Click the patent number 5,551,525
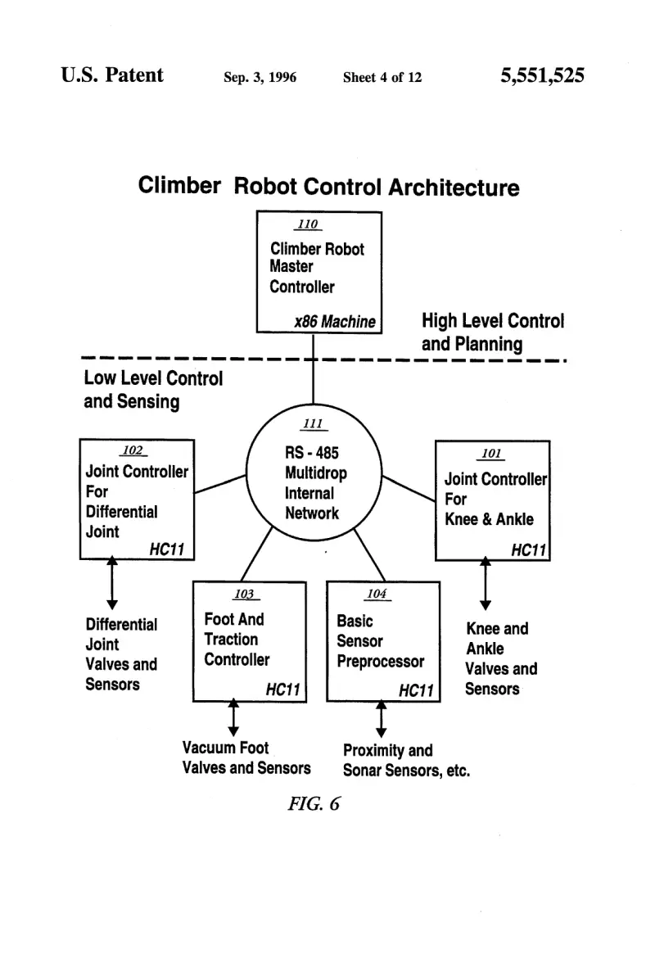(542, 75)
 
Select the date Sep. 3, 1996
(260, 77)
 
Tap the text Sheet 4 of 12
(382, 77)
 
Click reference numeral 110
(308, 224)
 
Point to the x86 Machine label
(335, 322)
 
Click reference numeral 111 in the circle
(313, 424)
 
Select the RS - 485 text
(311, 454)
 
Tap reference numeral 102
(133, 450)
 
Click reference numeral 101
(491, 454)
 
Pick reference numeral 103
(244, 594)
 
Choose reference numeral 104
(377, 594)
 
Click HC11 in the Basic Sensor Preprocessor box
(416, 691)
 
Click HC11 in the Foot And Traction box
(282, 689)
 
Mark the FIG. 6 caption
(314, 803)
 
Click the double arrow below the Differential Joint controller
(111, 583)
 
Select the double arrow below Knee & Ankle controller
(485, 583)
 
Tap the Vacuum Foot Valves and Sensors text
(246, 758)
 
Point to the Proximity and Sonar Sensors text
(406, 760)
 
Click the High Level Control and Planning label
(492, 332)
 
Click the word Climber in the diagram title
(179, 185)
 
